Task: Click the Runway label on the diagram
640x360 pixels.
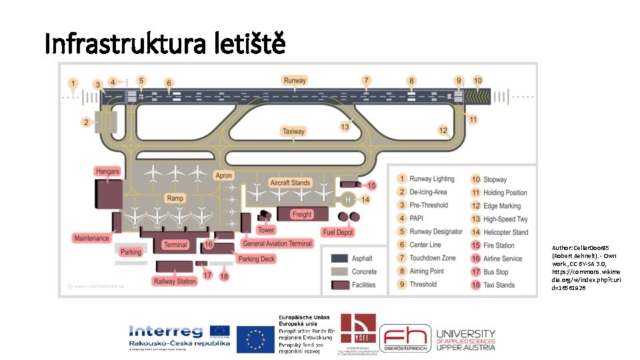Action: point(295,81)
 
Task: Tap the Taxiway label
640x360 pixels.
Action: point(293,131)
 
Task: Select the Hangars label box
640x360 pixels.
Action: point(107,171)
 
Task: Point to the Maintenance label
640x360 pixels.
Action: point(92,238)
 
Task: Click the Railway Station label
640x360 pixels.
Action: point(175,281)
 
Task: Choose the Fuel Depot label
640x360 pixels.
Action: point(337,233)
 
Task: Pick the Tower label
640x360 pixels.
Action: point(266,230)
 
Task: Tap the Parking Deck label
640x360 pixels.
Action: point(257,259)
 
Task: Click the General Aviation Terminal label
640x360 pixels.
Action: point(277,244)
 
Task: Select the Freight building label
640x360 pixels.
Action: point(302,214)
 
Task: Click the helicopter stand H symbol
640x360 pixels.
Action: point(347,199)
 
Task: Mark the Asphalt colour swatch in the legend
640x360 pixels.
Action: point(341,259)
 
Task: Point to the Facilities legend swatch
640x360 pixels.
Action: point(341,285)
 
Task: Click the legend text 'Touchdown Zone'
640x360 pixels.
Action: point(433,258)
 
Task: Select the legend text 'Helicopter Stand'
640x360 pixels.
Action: point(505,232)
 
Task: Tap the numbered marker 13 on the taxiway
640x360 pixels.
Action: point(345,126)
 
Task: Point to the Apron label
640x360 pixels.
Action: point(224,176)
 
